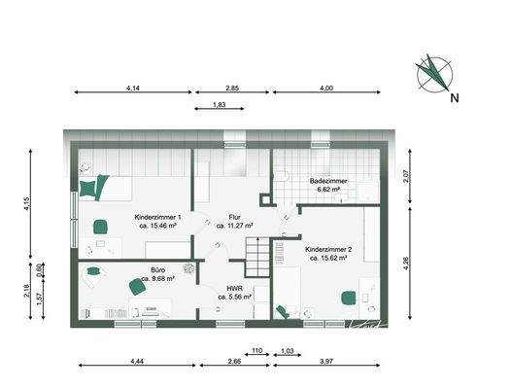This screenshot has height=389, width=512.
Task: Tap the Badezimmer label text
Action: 324,181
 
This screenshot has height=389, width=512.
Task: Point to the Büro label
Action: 157,269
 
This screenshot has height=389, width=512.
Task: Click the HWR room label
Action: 233,288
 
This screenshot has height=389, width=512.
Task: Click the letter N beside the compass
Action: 454,97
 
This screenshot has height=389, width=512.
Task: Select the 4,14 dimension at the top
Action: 134,88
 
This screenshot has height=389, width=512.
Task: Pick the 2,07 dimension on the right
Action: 406,176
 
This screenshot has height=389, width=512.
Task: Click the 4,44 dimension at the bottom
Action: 135,362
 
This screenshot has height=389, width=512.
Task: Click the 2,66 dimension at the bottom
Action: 233,362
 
